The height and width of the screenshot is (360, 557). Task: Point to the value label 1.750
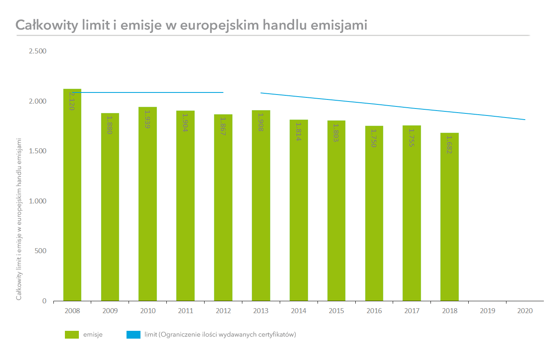coord(374,138)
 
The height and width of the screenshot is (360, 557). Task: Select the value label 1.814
coord(299,132)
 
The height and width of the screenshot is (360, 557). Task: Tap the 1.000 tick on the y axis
coord(38,201)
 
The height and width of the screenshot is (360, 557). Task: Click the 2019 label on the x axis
coord(487,311)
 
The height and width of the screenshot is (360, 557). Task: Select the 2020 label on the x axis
coord(525,311)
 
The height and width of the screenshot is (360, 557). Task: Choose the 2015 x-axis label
coord(336,311)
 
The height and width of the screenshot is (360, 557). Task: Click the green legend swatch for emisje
coord(71,335)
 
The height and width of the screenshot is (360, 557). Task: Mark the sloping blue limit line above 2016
coord(374,104)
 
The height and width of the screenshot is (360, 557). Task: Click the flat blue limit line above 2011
coord(185,92)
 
